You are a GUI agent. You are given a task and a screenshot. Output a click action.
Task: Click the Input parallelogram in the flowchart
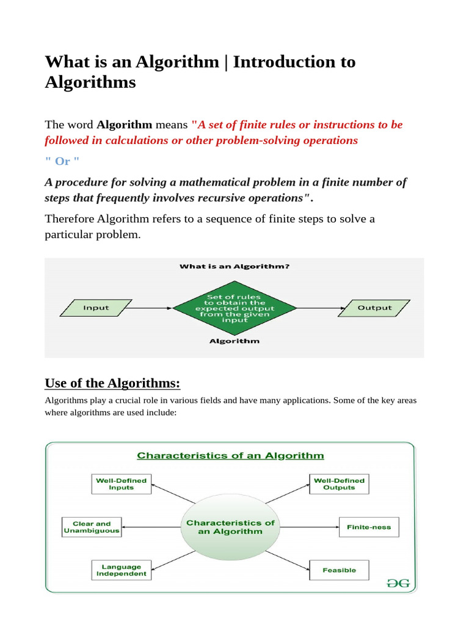coord(96,308)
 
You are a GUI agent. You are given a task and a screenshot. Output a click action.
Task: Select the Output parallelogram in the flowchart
coord(374,308)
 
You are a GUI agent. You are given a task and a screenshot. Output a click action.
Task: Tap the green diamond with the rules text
coord(235,308)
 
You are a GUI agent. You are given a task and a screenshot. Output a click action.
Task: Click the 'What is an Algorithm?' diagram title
coord(234,266)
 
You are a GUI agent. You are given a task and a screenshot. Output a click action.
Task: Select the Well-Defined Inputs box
coord(122,484)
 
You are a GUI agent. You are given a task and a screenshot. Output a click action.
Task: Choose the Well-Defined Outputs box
coord(339,484)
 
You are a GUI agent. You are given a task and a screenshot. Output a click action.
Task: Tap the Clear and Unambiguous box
coord(92,527)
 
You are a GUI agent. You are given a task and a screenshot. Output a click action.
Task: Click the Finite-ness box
coord(369,527)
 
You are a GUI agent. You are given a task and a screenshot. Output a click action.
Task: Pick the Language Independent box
coord(121,570)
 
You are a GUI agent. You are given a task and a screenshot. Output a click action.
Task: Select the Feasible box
coord(339,571)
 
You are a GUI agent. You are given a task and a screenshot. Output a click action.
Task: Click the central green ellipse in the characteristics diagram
coord(230,527)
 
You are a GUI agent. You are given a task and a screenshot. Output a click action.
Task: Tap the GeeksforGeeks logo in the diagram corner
coord(399,583)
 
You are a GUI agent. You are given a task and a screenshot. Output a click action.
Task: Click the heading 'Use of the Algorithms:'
coord(113,383)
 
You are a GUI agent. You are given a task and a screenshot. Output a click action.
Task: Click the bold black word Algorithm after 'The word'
coord(125,125)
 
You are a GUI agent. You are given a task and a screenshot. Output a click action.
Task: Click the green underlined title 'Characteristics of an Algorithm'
coord(230,455)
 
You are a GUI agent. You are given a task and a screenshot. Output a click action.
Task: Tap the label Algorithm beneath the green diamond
coord(234,341)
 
